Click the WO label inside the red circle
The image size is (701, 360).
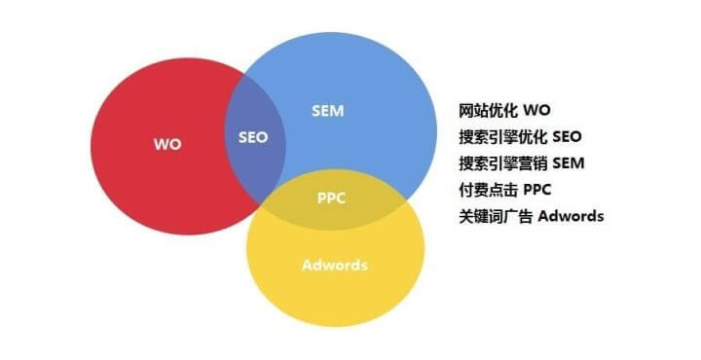pyautogui.click(x=167, y=144)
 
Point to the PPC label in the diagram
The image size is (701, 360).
pyautogui.click(x=332, y=198)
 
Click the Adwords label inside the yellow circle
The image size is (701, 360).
pyautogui.click(x=335, y=265)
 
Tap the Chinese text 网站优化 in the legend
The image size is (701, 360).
pyautogui.click(x=490, y=111)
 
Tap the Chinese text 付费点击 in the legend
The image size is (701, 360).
pyautogui.click(x=490, y=190)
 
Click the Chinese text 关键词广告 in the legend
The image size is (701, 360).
pyautogui.click(x=497, y=216)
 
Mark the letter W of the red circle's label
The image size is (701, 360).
pyautogui.click(x=161, y=144)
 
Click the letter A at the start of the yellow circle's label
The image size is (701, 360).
pyautogui.click(x=307, y=265)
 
